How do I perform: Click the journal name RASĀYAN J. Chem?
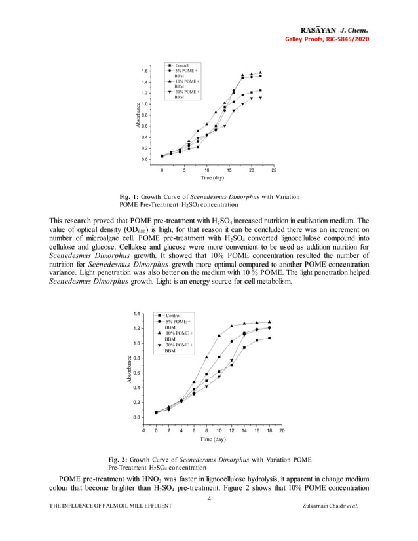coord(334,30)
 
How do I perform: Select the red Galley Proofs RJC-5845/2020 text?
coord(326,40)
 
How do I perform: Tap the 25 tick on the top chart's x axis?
coord(274,170)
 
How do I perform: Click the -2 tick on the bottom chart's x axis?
coord(144,430)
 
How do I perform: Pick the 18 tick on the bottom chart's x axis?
coord(269,430)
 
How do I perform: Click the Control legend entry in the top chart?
coord(181,65)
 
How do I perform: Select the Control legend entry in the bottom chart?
coord(174,316)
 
